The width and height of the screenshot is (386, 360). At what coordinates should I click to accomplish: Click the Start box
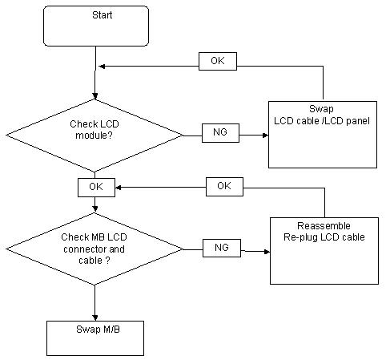pyautogui.click(x=96, y=26)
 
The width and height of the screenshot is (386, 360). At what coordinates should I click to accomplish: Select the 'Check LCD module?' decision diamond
pyautogui.click(x=94, y=136)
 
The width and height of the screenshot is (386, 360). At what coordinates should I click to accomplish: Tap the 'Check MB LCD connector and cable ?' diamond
pyautogui.click(x=94, y=249)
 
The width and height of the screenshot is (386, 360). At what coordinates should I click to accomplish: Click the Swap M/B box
pyautogui.click(x=95, y=338)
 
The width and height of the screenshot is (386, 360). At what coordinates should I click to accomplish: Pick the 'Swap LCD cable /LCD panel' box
pyautogui.click(x=323, y=135)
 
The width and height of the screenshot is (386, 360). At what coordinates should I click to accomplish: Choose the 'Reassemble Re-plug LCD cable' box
pyautogui.click(x=324, y=251)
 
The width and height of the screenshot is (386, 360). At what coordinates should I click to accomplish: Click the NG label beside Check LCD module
pyautogui.click(x=220, y=133)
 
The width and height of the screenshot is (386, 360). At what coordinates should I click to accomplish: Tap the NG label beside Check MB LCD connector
pyautogui.click(x=222, y=248)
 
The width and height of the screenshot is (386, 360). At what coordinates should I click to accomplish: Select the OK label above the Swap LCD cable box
pyautogui.click(x=218, y=61)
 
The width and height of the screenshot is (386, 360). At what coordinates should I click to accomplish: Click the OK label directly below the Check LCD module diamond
pyautogui.click(x=96, y=188)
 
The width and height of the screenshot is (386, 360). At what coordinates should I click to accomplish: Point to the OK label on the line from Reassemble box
pyautogui.click(x=224, y=187)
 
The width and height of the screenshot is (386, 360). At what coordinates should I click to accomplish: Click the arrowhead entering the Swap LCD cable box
pyautogui.click(x=265, y=136)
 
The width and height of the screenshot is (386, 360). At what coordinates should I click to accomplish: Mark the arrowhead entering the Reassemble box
pyautogui.click(x=267, y=252)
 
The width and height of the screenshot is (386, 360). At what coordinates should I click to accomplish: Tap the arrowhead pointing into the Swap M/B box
pyautogui.click(x=95, y=318)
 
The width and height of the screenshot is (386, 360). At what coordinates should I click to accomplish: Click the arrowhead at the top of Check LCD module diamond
pyautogui.click(x=95, y=96)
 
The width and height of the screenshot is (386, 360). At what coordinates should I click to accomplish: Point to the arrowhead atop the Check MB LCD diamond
pyautogui.click(x=95, y=209)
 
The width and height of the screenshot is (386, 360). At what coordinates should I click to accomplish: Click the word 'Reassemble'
pyautogui.click(x=324, y=226)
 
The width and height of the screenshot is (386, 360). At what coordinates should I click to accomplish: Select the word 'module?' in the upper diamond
pyautogui.click(x=94, y=136)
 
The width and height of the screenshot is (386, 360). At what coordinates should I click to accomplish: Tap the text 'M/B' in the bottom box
pyautogui.click(x=111, y=330)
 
